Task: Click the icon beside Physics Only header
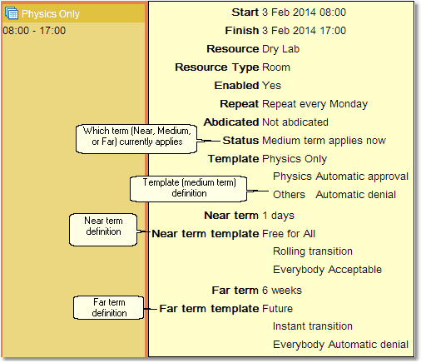click(x=12, y=13)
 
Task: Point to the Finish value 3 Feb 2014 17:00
click(x=304, y=31)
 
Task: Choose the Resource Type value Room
click(x=276, y=67)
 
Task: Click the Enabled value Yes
click(x=271, y=85)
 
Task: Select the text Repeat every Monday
click(x=315, y=104)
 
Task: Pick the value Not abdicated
click(x=295, y=122)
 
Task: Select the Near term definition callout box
click(x=102, y=226)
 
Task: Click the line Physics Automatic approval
click(x=340, y=177)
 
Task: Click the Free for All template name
click(x=289, y=233)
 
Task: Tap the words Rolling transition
click(x=312, y=251)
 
